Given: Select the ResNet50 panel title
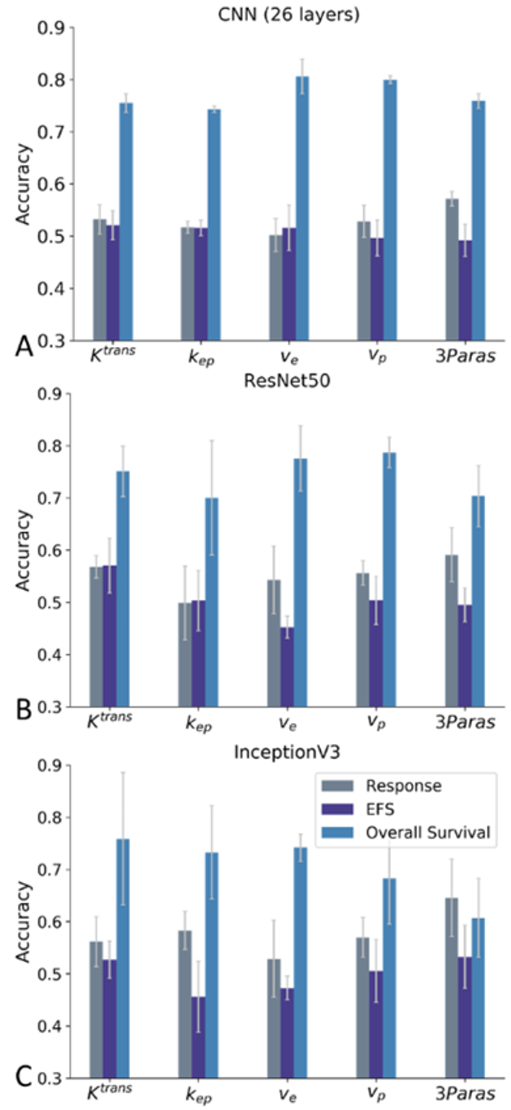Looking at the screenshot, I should coord(287,381).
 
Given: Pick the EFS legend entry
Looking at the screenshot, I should coord(380,809).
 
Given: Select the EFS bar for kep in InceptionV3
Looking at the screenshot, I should coord(198,1037).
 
